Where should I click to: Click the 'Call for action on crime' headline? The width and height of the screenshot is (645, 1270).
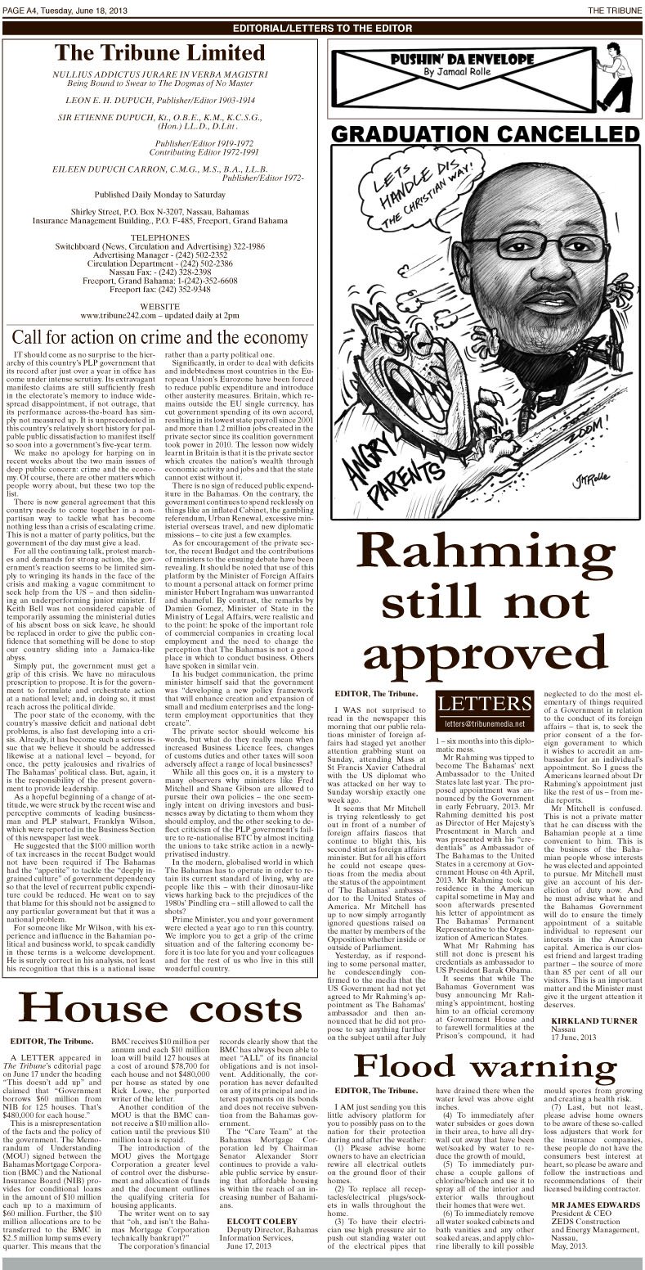[x=160, y=336]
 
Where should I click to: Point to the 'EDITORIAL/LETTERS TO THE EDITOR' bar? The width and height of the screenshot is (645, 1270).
[x=322, y=27]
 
